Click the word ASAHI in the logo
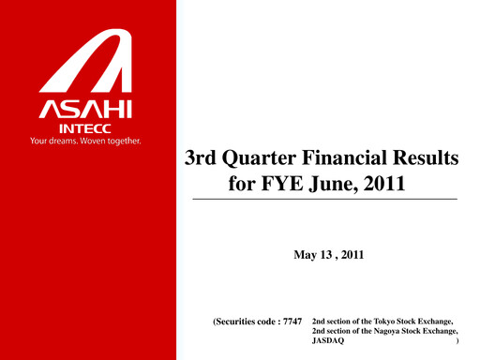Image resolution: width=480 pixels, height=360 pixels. (86, 108)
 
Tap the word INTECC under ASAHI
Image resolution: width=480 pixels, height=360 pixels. (87, 127)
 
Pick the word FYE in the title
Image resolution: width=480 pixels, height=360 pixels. (286, 184)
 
